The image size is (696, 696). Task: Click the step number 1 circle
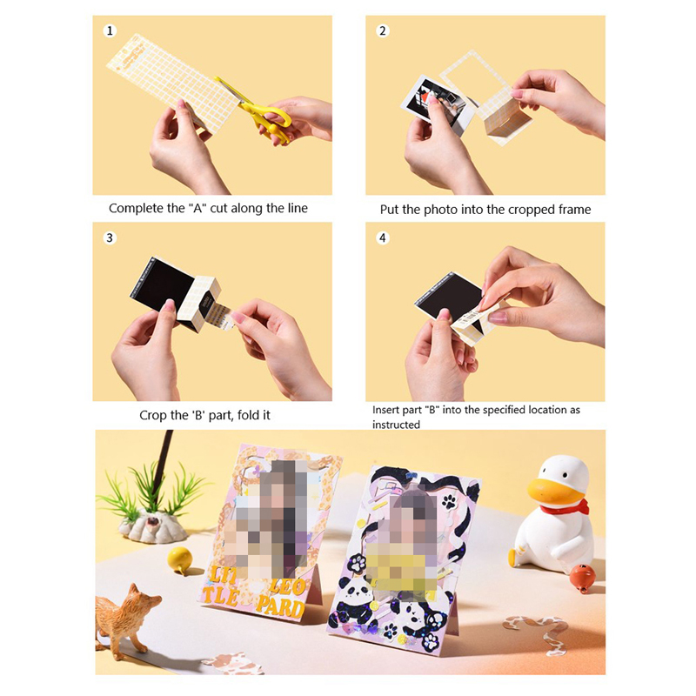pyautogui.click(x=110, y=30)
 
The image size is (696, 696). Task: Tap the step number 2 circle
pyautogui.click(x=383, y=30)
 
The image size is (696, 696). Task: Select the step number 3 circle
pyautogui.click(x=110, y=238)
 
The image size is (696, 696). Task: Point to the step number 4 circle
pyautogui.click(x=383, y=238)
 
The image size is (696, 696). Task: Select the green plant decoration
pyautogui.click(x=150, y=492)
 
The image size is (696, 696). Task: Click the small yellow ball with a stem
pyautogui.click(x=180, y=559)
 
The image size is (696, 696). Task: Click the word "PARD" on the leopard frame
pyautogui.click(x=280, y=606)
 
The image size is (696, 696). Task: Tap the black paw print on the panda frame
pyautogui.click(x=449, y=502)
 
